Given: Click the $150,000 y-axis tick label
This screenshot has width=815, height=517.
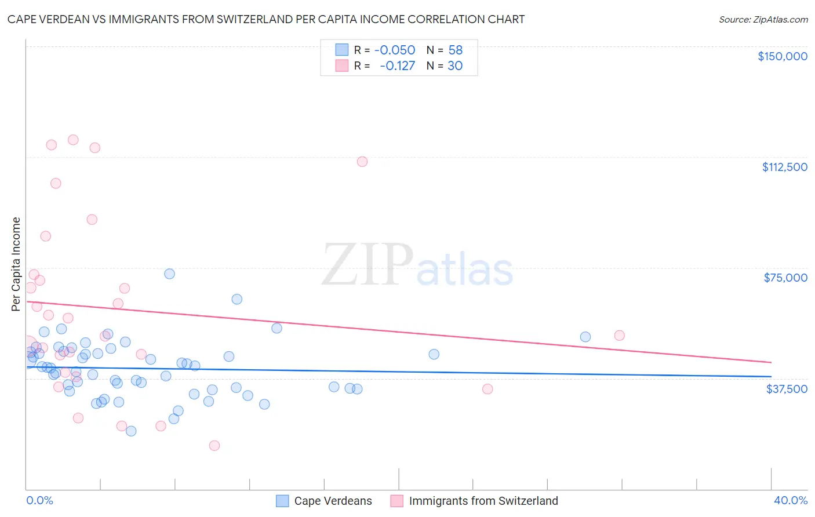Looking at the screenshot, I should pyautogui.click(x=782, y=56).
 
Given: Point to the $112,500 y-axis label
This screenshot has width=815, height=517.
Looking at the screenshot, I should pyautogui.click(x=784, y=167).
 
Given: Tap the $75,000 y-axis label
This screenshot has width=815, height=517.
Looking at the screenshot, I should pyautogui.click(x=785, y=278).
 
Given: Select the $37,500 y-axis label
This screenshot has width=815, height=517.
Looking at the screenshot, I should pyautogui.click(x=787, y=389).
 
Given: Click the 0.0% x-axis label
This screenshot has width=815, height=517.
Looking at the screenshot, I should pyautogui.click(x=39, y=500).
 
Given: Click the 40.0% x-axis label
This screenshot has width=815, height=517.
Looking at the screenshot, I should pyautogui.click(x=790, y=500).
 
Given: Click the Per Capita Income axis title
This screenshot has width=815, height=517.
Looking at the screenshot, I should pyautogui.click(x=16, y=264).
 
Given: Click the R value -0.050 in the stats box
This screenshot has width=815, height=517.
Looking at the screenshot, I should pyautogui.click(x=395, y=50).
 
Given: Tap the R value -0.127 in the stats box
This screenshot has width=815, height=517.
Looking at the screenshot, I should pyautogui.click(x=397, y=66).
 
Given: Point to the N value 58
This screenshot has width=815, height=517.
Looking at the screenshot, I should pyautogui.click(x=455, y=50).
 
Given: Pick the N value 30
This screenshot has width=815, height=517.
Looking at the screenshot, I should pyautogui.click(x=455, y=66).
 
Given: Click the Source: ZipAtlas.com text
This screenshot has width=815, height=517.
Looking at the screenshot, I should pyautogui.click(x=763, y=20).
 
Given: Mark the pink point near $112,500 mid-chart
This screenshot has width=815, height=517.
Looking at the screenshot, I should pyautogui.click(x=362, y=162).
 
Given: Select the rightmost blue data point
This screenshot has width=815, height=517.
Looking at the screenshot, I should pyautogui.click(x=585, y=337).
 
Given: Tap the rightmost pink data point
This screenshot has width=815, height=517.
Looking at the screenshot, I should pyautogui.click(x=619, y=335).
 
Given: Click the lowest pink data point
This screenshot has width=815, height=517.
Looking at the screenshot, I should pyautogui.click(x=214, y=445).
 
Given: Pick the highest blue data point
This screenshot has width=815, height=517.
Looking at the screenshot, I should pyautogui.click(x=169, y=274).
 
